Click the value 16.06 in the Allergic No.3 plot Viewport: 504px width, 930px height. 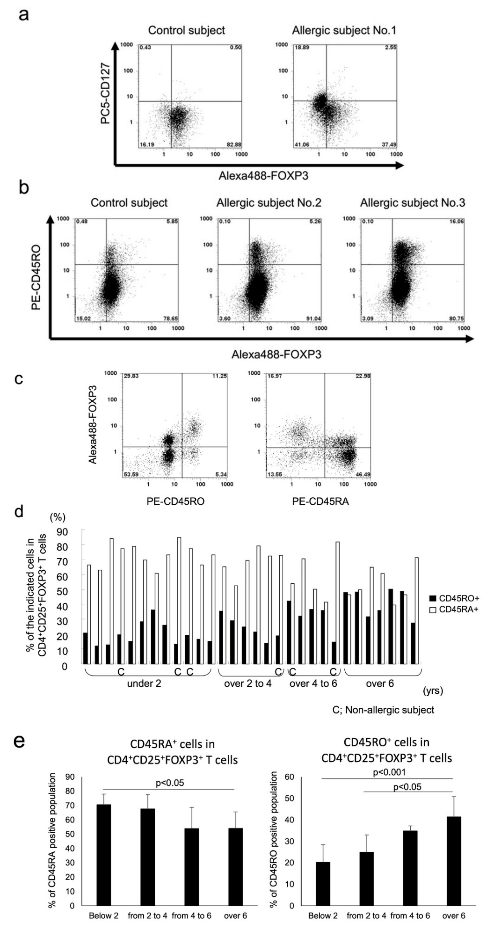tap(456, 221)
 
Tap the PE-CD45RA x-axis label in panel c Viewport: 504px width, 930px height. tap(320, 501)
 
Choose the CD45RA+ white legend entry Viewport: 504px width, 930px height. tap(454, 609)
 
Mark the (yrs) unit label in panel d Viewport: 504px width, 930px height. tap(433, 691)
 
